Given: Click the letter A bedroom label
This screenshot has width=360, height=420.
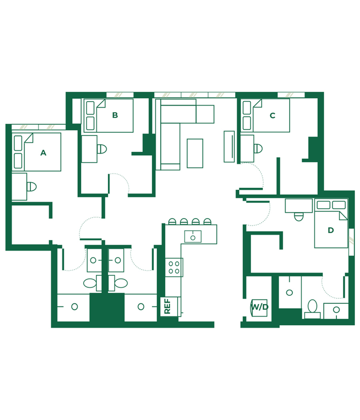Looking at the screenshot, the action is (43, 153).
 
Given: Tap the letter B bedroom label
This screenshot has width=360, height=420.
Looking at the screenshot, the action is (115, 115).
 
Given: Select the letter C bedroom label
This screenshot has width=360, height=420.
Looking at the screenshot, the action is (272, 115).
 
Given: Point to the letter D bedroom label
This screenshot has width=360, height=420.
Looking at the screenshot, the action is (331, 230).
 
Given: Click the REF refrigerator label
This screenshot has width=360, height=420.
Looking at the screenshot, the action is (167, 306).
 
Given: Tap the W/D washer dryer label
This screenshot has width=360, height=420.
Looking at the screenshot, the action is (260, 307).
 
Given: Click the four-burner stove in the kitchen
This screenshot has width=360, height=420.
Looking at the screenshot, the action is (174, 267).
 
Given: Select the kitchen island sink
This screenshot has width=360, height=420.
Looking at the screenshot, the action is (193, 237).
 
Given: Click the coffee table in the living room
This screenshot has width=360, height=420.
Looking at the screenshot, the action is (195, 153).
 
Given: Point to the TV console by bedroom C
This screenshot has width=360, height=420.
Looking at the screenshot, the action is (229, 147).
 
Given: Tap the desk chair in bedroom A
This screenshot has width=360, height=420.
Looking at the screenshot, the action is (32, 187).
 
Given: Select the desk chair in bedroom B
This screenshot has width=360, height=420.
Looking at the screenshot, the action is (102, 149).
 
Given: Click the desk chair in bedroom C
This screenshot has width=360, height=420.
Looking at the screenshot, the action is (258, 148).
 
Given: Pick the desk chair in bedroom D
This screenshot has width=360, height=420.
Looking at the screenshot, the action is (299, 217).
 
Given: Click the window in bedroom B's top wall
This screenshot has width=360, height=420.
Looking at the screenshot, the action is (120, 95).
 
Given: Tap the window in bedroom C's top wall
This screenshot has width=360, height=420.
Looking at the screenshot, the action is (291, 95).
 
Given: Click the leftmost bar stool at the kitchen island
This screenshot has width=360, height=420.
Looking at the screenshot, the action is (172, 221).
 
